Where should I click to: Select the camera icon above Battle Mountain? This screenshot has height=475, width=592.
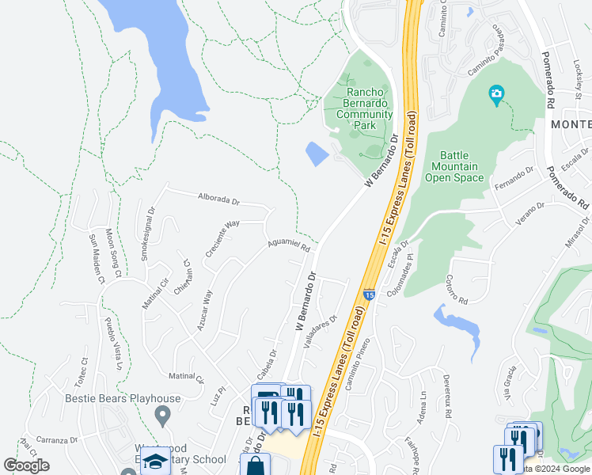pyautogui.click(x=496, y=96)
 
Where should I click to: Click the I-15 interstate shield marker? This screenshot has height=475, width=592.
pyautogui.click(x=369, y=295)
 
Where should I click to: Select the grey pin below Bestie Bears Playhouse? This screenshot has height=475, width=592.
pyautogui.click(x=163, y=414)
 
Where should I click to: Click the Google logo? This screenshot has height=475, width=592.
pyautogui.click(x=26, y=465)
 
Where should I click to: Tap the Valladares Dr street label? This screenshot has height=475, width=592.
pyautogui.click(x=321, y=331)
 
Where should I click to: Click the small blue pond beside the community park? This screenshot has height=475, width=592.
pyautogui.click(x=316, y=154)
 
